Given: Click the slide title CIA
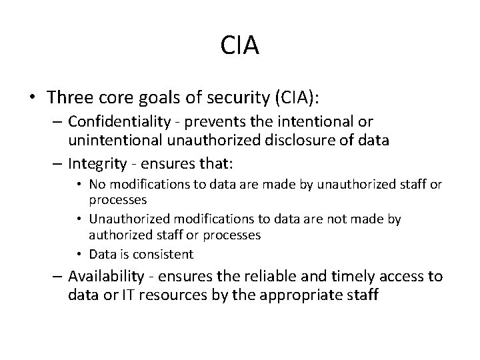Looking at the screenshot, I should pyautogui.click(x=239, y=46).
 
